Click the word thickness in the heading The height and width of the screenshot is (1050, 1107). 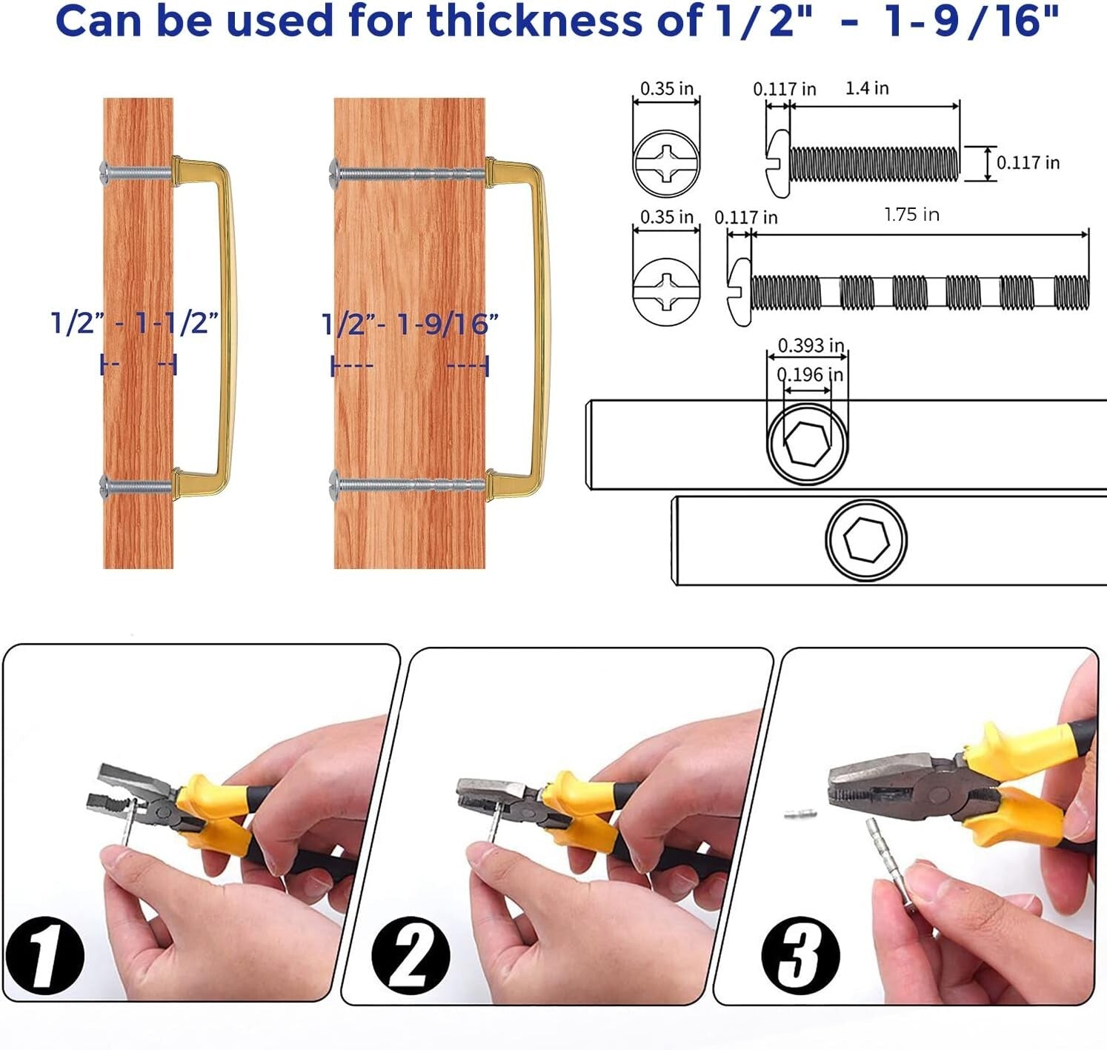(x=533, y=21)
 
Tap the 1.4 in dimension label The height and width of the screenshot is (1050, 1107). (x=867, y=88)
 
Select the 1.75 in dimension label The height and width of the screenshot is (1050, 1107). (x=911, y=215)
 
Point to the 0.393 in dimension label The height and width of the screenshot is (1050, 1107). (x=811, y=345)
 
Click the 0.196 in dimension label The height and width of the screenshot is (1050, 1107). (x=810, y=375)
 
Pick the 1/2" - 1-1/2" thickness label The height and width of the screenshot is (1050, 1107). (x=134, y=323)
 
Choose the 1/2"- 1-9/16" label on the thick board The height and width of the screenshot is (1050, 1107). (x=409, y=325)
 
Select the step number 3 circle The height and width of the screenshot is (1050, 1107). (x=800, y=956)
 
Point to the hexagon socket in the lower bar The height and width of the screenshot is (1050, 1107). (x=866, y=539)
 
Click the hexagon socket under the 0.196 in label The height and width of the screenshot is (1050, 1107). (x=808, y=443)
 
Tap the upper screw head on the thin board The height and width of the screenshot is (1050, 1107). (x=104, y=173)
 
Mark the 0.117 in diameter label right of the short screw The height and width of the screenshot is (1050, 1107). (x=1028, y=163)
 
